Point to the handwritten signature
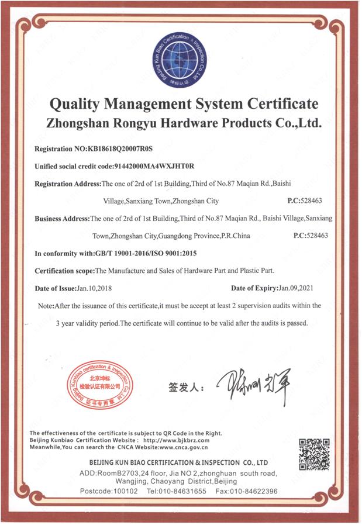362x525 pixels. tap(252, 386)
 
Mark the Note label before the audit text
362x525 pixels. tap(46, 306)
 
